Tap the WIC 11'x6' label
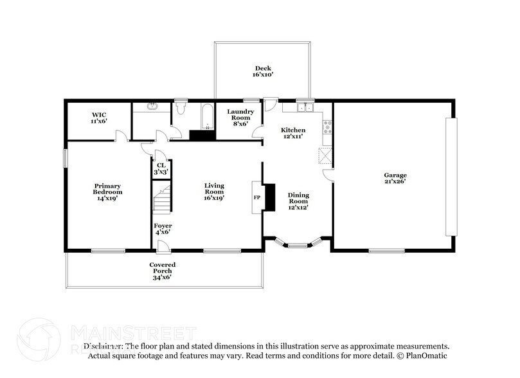coord(98,118)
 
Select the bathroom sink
coord(152,107)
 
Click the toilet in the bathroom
coord(182,106)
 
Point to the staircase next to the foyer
coord(162,197)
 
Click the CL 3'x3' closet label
coord(160,168)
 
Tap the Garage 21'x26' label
coord(395,178)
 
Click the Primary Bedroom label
coord(107,192)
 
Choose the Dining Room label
coord(298,201)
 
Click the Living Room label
coord(214,192)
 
